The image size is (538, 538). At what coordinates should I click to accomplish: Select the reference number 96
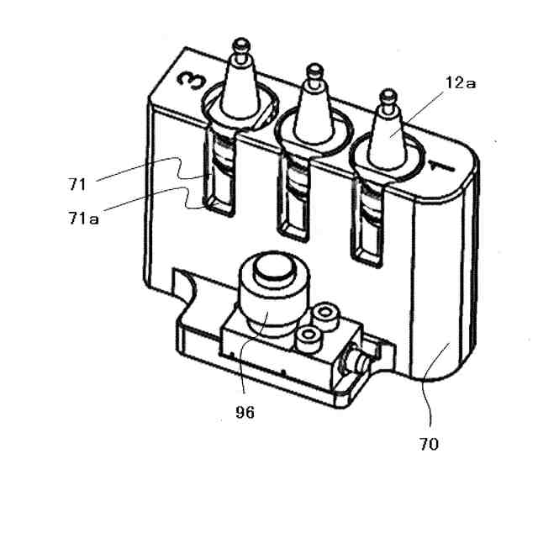246,412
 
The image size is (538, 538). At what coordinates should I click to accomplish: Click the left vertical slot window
219,177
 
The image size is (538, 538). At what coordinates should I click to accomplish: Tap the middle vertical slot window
294,198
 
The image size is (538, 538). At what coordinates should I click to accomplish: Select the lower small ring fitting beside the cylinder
309,339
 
